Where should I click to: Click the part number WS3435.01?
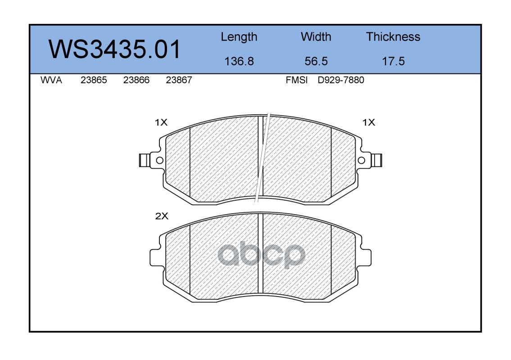pos(114,49)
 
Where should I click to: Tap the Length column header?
pos(239,37)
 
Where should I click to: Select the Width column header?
pos(316,36)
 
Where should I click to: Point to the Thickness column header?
pos(393,36)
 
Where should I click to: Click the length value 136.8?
pos(239,61)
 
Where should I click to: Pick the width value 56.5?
pos(316,61)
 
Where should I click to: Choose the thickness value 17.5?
pos(393,61)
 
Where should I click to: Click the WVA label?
pos(51,80)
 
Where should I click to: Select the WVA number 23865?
pos(94,80)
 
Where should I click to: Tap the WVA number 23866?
pos(136,80)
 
